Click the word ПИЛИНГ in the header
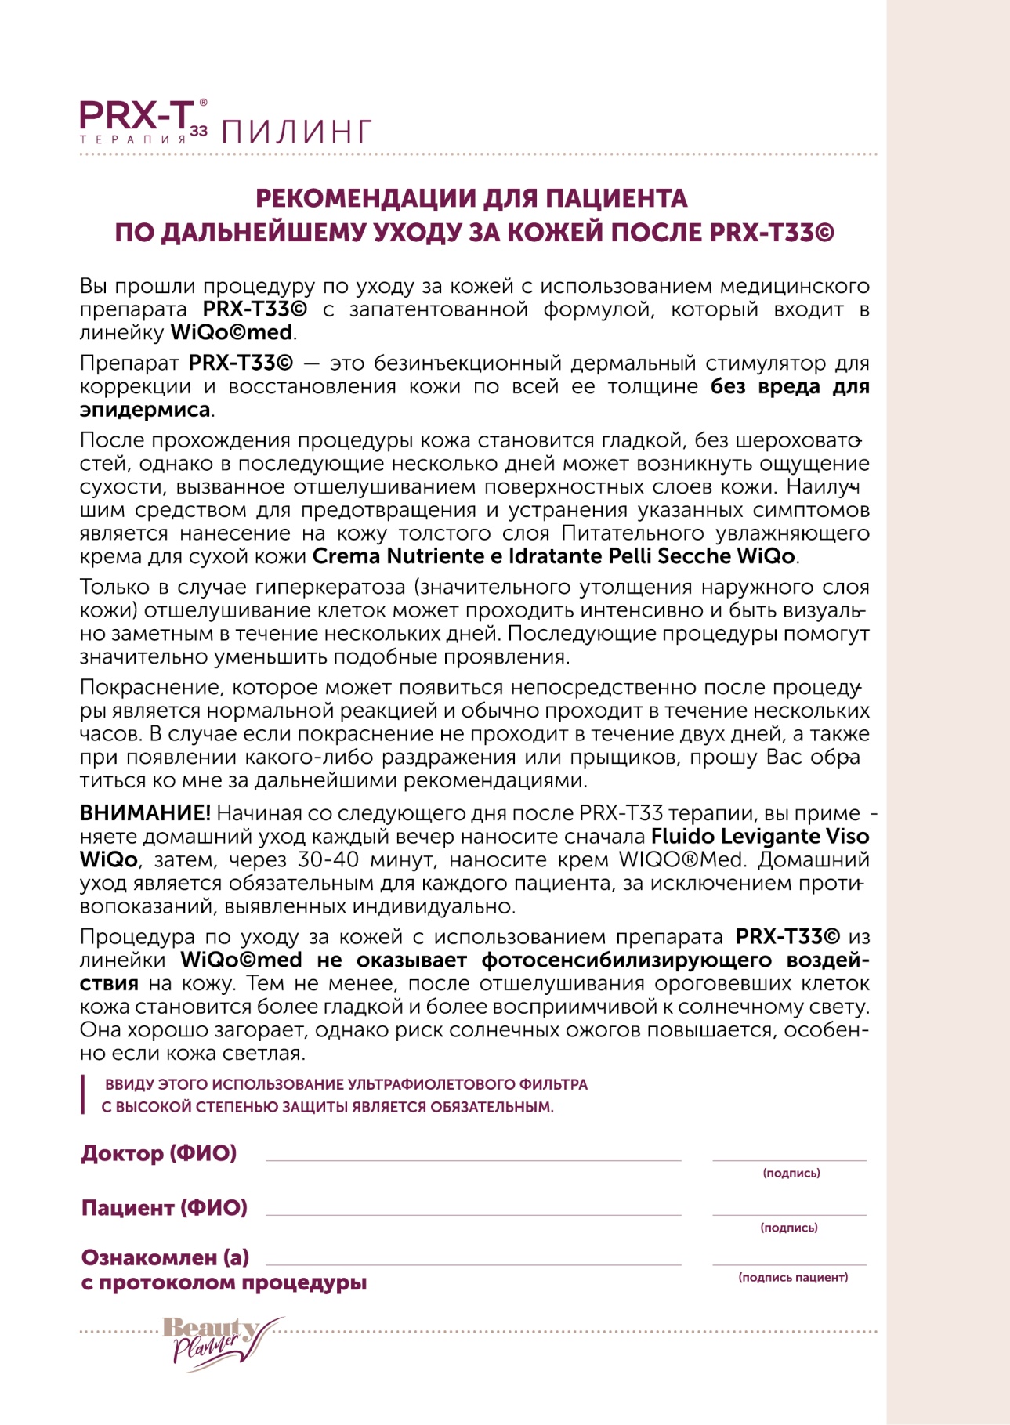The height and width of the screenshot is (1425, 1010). (x=296, y=132)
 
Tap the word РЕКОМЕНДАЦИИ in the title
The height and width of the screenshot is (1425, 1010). (x=364, y=198)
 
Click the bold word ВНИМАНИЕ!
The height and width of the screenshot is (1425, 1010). (x=145, y=813)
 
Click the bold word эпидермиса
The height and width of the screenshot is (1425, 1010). (x=145, y=410)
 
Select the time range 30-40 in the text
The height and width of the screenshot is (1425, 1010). (x=328, y=860)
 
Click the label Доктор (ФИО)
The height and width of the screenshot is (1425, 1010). (x=159, y=1153)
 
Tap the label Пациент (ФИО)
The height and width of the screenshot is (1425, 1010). (x=165, y=1207)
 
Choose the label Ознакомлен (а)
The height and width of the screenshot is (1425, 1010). (x=165, y=1257)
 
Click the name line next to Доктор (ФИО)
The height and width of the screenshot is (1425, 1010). (x=473, y=1158)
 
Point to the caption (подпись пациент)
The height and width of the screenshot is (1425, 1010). (x=793, y=1277)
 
